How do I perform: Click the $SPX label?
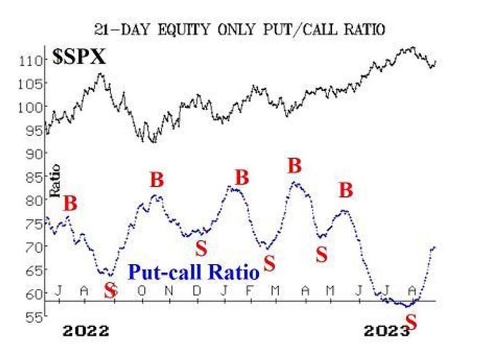pos(79,56)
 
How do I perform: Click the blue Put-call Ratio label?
pos(194,272)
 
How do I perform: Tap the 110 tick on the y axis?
pos(29,61)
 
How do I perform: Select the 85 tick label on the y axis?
pos(33,177)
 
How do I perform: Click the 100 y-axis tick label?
pos(29,107)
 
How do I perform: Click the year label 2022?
pos(86,331)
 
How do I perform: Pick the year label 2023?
pos(387,331)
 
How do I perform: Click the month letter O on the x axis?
pos(141,291)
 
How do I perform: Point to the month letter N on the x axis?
pos(169,291)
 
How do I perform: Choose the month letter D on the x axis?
pos(197,291)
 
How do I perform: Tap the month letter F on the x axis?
pos(249,291)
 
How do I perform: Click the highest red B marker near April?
pos(295,166)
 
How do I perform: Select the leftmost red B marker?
pos(70,203)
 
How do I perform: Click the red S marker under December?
pos(201,248)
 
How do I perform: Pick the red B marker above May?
pos(346,190)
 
